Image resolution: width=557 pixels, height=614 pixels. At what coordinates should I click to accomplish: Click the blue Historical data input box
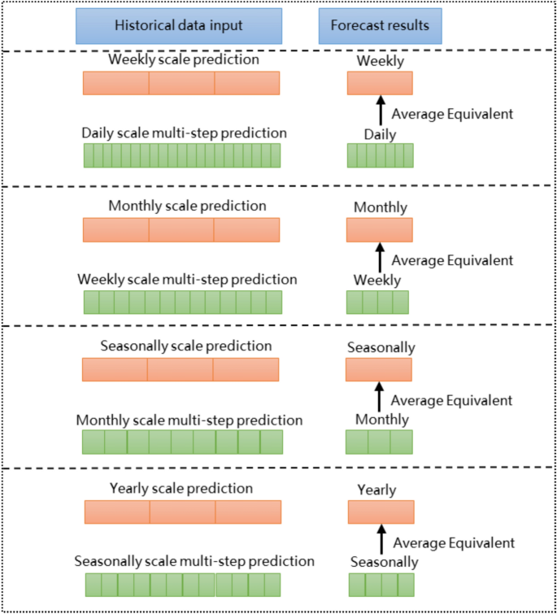coord(179,26)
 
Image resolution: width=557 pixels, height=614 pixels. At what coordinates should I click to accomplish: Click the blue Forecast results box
coord(380,26)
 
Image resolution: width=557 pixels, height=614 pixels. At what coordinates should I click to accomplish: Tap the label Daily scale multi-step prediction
coord(184,133)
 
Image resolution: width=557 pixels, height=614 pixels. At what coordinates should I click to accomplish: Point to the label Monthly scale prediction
coord(187,206)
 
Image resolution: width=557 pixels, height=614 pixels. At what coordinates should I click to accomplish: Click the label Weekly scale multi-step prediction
coord(187,280)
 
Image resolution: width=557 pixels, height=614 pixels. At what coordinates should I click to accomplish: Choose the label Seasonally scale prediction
coord(186,346)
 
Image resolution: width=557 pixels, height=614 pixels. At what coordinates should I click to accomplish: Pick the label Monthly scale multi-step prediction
coord(189,420)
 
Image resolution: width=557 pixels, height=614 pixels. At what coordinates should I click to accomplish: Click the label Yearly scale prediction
coord(181,489)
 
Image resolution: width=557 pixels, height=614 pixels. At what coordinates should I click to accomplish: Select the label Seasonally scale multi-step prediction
coord(194,561)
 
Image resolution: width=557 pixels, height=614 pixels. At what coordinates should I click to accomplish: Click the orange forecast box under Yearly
coord(381,512)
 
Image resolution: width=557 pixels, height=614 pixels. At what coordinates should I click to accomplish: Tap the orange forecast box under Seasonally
coord(378,370)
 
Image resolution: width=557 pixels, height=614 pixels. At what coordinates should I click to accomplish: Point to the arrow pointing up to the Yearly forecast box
coord(381,538)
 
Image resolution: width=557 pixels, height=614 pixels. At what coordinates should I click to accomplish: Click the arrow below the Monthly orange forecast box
coord(379,257)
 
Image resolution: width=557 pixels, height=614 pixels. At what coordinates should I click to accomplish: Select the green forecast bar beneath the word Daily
coord(380,155)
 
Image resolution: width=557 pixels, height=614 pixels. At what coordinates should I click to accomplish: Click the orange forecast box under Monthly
coord(379,230)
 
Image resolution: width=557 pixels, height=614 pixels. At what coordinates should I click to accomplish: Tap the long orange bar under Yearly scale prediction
coord(183,512)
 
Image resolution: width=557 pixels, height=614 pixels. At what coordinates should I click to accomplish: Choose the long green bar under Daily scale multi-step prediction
coord(181,155)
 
